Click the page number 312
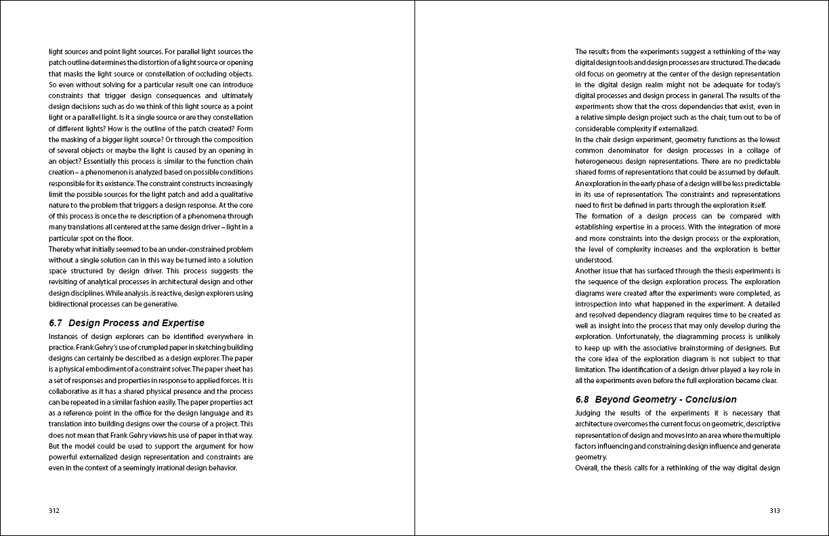[x=54, y=511]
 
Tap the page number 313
[x=775, y=511]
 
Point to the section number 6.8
[x=582, y=399]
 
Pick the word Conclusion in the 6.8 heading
[x=710, y=399]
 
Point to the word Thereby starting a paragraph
[x=62, y=249]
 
